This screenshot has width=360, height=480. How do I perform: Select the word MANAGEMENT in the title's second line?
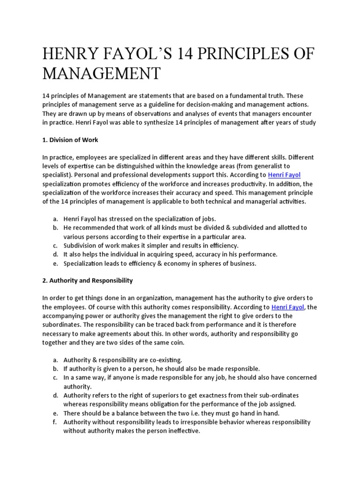(101, 73)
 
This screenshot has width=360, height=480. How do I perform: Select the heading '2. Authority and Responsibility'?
(88, 280)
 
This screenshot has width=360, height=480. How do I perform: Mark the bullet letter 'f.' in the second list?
(55, 422)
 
